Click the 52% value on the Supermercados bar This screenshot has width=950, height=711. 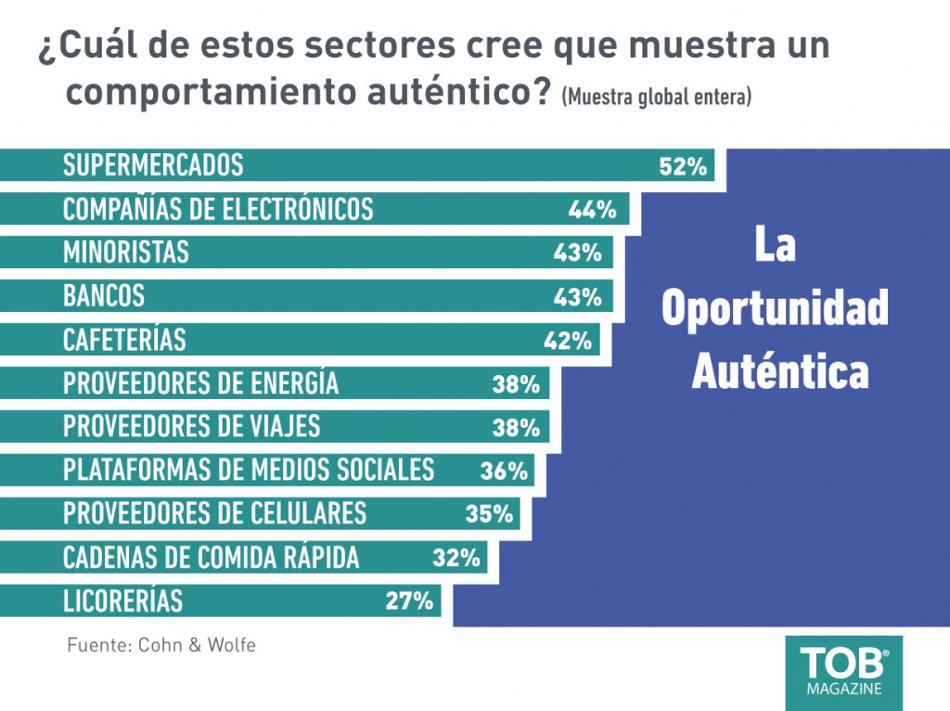[x=683, y=166]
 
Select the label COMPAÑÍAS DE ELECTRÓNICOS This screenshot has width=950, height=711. [x=217, y=209]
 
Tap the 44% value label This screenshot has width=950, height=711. [x=592, y=210]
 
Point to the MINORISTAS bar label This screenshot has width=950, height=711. [x=125, y=252]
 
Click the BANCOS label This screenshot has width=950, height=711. [x=104, y=296]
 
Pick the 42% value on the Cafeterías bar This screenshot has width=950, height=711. [x=567, y=341]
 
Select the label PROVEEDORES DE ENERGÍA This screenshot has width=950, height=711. [x=200, y=383]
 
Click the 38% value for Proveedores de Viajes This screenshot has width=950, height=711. [x=515, y=428]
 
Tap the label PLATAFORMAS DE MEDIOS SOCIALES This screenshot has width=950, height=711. [x=248, y=470]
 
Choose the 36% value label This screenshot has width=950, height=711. [x=504, y=471]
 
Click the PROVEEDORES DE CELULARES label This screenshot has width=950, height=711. [x=214, y=513]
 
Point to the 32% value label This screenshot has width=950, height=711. [x=456, y=558]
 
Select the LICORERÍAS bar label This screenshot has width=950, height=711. [x=122, y=601]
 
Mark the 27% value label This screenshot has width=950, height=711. [x=409, y=601]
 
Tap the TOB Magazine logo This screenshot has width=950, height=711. [x=843, y=671]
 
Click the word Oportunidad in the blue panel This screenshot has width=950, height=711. [x=775, y=308]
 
